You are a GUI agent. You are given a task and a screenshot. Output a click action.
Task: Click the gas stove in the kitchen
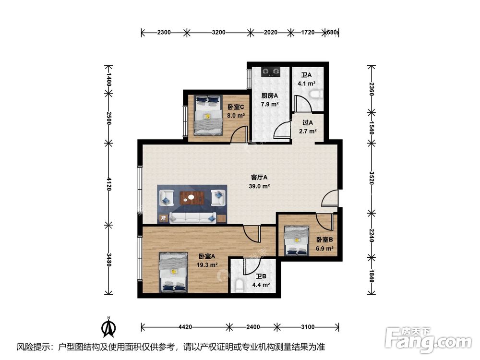tap(271, 72)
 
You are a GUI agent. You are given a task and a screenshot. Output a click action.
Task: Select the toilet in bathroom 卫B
tap(240, 285)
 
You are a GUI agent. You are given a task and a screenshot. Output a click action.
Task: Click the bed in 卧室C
tap(208, 115)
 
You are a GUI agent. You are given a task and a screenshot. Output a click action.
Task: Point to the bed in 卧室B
tap(296, 241)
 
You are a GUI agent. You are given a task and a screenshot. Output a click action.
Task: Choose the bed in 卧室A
tap(174, 272)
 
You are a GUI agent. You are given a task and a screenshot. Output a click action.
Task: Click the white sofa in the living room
tap(193, 218)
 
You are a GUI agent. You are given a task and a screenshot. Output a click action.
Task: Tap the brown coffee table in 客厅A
tap(192, 198)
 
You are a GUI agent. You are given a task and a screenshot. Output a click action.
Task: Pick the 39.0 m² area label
tap(259, 186)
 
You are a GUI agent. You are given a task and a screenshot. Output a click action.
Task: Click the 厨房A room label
tap(269, 96)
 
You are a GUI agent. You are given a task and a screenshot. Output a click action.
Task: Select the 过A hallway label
tap(308, 123)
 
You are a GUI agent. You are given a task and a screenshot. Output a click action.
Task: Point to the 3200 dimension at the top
tap(218, 32)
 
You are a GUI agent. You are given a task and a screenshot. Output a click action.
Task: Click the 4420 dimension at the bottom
tap(185, 327)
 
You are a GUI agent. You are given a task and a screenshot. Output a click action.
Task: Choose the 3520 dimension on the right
tap(372, 178)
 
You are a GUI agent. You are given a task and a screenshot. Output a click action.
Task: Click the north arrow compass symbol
tap(108, 326)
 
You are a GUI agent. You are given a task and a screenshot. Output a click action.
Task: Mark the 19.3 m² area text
tap(207, 265)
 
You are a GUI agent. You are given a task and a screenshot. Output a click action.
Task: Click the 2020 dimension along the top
tap(271, 32)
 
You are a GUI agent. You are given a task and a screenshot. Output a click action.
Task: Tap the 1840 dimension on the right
tap(372, 276)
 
